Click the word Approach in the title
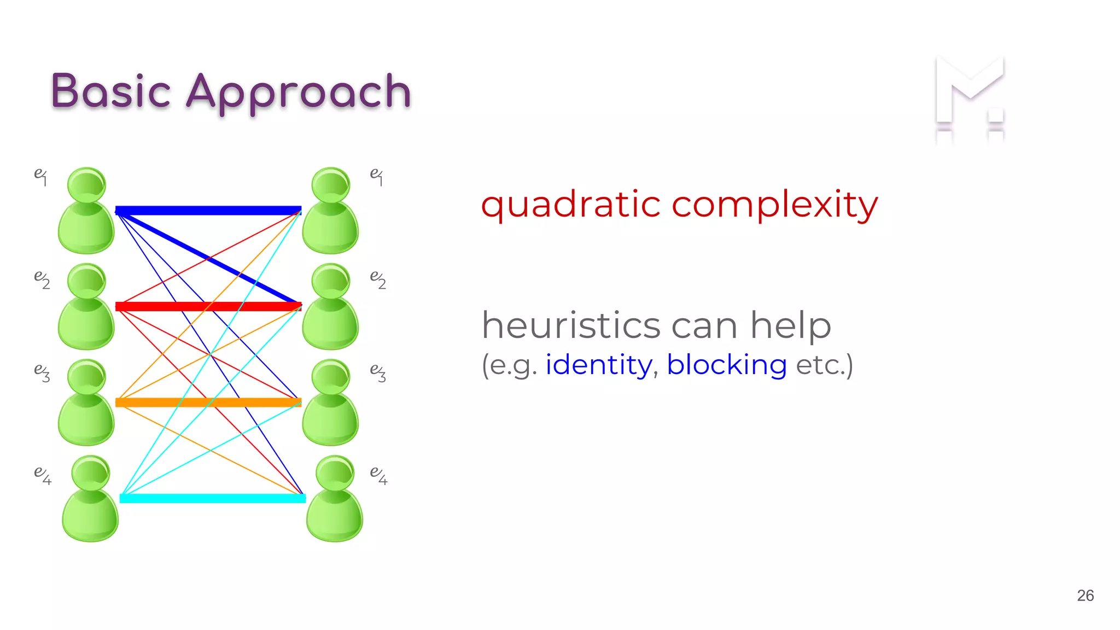click(x=299, y=92)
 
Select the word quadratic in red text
click(x=570, y=205)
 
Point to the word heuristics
click(x=571, y=325)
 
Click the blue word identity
click(x=599, y=365)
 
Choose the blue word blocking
click(x=726, y=365)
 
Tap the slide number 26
click(x=1085, y=596)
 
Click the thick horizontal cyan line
click(x=212, y=498)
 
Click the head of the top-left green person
click(x=86, y=185)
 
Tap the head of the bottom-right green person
click(x=335, y=472)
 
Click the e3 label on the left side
click(x=42, y=372)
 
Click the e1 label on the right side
click(x=377, y=176)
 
